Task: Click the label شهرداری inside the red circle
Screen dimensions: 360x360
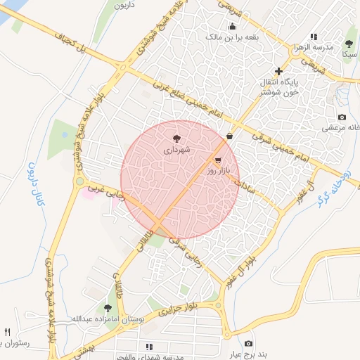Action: click(176, 150)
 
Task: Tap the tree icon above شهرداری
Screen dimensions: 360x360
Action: click(176, 139)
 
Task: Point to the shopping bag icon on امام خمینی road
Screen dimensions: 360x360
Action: click(230, 136)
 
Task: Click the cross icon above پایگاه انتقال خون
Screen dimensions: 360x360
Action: click(279, 71)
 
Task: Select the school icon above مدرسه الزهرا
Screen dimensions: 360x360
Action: click(314, 37)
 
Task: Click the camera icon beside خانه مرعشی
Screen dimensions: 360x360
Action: click(342, 117)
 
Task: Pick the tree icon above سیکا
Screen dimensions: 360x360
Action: click(349, 44)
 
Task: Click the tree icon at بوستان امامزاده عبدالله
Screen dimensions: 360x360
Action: click(108, 308)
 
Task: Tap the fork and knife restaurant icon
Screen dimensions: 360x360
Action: click(8, 332)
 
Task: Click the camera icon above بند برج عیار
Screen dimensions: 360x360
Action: click(248, 344)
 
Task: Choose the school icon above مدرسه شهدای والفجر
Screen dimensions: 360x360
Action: click(149, 347)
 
